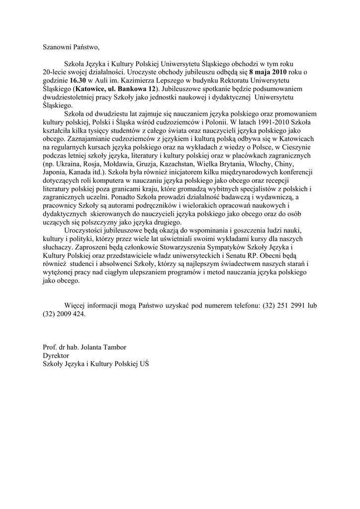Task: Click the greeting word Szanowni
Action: (57, 48)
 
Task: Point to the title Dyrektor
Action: (56, 355)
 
